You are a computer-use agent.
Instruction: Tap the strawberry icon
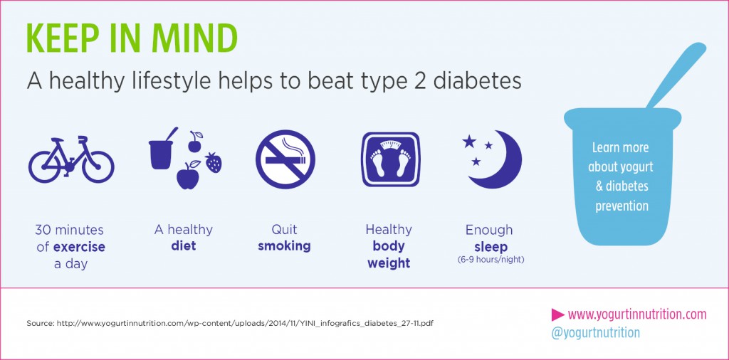[x=213, y=162]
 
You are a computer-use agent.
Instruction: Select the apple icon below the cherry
[x=187, y=176]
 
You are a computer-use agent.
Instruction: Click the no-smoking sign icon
[x=285, y=160]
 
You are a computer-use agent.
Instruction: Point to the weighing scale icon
[x=390, y=160]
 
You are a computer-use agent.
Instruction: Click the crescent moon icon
[x=502, y=159]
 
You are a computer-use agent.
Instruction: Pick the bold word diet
[x=183, y=247]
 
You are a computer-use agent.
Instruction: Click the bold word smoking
[x=284, y=247]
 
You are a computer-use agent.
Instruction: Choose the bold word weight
[x=389, y=263]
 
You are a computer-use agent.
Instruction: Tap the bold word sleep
[x=491, y=247]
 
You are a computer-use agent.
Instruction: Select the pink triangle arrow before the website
[x=558, y=314]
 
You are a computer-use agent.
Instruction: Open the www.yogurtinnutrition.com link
[x=637, y=314]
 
